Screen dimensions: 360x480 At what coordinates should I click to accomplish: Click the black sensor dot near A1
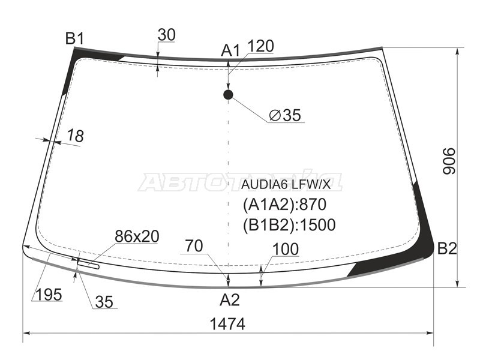228,94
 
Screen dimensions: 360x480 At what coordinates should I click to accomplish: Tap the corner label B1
74,40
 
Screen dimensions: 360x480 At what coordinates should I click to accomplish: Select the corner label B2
447,248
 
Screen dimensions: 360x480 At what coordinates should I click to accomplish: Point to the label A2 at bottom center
229,300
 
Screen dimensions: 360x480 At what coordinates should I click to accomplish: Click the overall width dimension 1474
227,323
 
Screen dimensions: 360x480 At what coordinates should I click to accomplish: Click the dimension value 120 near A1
260,46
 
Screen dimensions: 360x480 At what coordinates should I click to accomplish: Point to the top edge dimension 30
166,35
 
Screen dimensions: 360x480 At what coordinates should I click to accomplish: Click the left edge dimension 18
75,136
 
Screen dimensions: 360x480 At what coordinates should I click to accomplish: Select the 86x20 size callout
137,237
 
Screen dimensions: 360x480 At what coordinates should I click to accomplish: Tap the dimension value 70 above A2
194,246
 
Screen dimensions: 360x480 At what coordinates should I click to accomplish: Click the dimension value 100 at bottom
286,248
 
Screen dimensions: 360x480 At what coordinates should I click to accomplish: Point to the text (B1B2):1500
289,225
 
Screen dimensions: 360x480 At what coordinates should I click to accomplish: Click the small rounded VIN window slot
89,262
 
